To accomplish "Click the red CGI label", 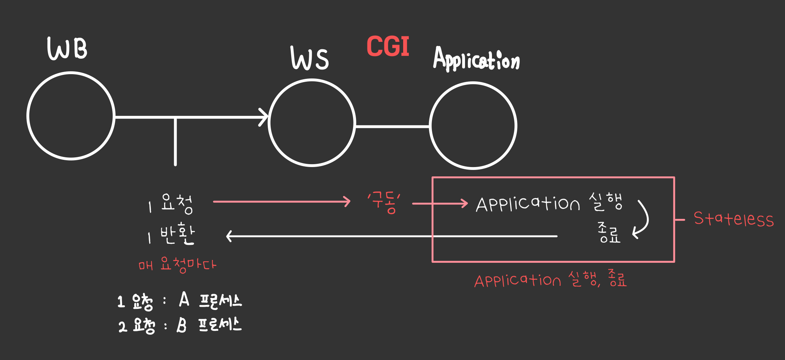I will (x=388, y=47).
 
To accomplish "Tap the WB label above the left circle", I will (x=67, y=49).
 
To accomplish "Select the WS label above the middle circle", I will (x=310, y=58).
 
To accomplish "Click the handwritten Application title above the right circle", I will (x=476, y=59).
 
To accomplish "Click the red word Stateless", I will (x=734, y=219).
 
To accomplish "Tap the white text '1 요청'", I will (x=171, y=204).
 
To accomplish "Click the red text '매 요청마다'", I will (x=177, y=265).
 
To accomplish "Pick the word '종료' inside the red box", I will (x=609, y=233).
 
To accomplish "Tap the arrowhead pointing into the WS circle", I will (x=264, y=117).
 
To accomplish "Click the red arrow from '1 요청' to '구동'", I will (x=281, y=202).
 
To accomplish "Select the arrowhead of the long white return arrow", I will (x=229, y=236).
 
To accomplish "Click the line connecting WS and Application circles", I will (x=392, y=126).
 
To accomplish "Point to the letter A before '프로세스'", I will (x=184, y=300).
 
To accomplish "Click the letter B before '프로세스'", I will (x=182, y=325).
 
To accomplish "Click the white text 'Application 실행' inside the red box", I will (x=549, y=203).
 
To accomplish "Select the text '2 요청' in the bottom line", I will (x=137, y=326).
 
